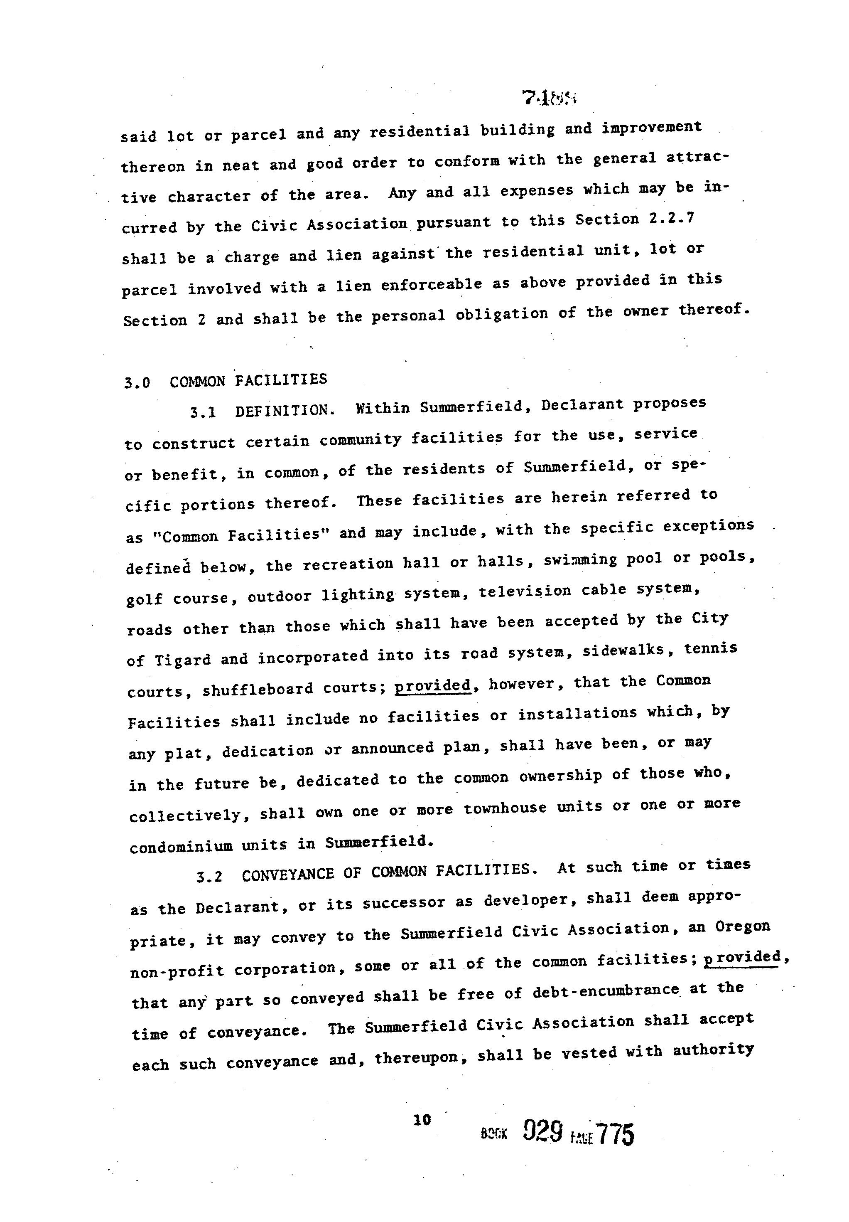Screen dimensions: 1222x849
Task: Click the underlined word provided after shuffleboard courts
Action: [432, 685]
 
